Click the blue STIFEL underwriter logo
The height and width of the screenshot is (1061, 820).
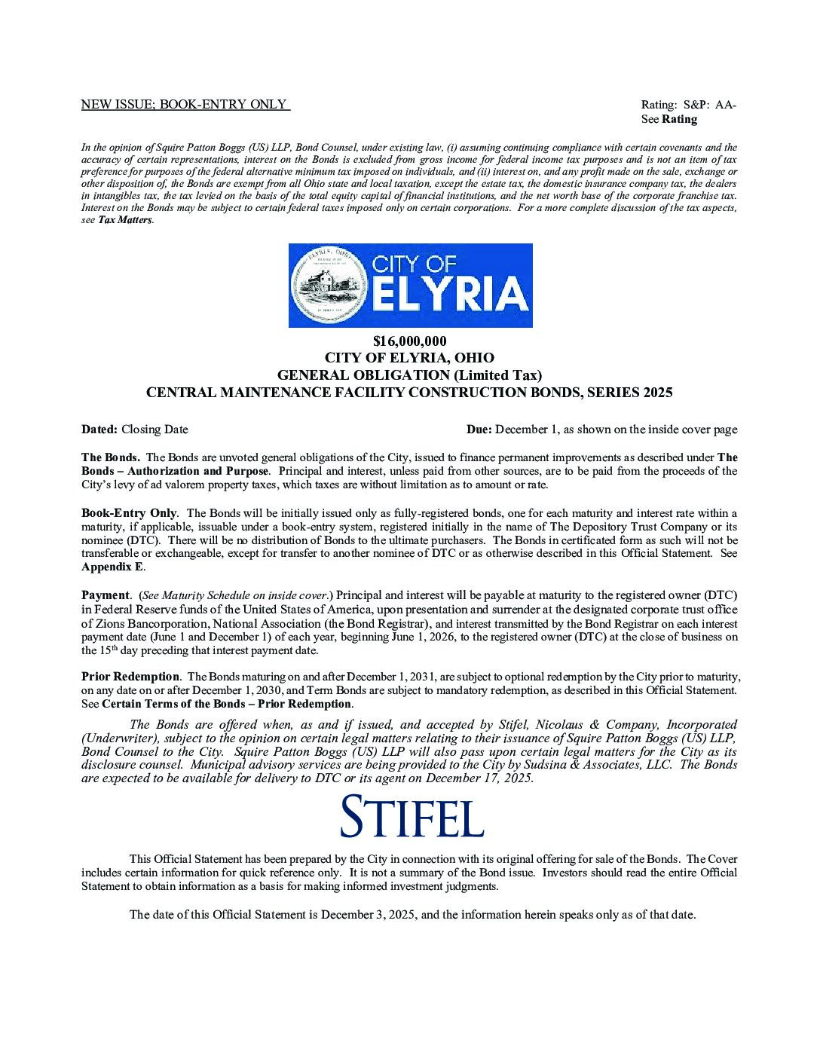(x=412, y=816)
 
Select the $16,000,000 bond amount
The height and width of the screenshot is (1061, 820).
(x=409, y=341)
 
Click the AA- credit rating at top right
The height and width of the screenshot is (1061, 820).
(x=726, y=105)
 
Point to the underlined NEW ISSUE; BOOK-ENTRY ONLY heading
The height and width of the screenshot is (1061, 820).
(x=185, y=105)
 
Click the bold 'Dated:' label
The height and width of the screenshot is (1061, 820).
(x=99, y=430)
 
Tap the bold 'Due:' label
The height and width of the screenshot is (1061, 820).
(x=479, y=430)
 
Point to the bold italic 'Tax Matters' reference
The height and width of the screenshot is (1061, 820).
(x=125, y=220)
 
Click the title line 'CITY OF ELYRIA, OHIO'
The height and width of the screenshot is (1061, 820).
(x=409, y=358)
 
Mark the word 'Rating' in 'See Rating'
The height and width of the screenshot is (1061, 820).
(x=679, y=119)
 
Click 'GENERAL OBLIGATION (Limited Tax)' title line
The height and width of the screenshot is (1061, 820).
(x=409, y=375)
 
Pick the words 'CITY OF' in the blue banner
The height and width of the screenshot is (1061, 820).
(x=415, y=263)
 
